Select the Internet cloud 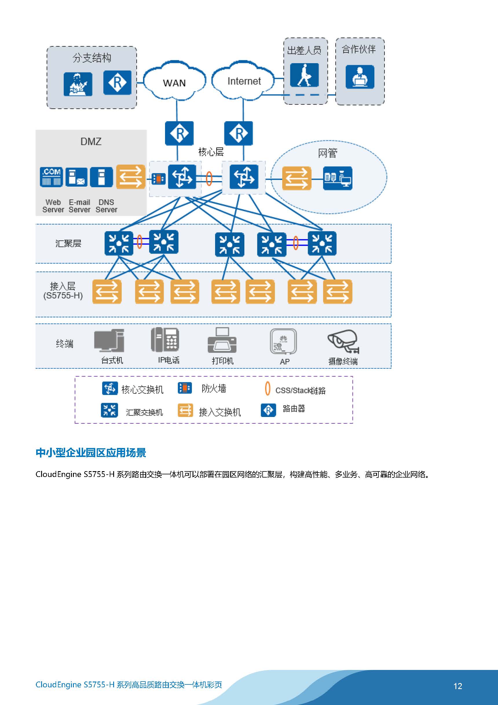(x=243, y=81)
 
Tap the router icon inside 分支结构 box (x=117, y=83)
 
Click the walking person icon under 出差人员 (x=304, y=75)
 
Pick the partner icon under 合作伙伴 (x=360, y=77)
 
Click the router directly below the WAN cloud (x=179, y=133)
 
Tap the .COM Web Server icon (x=51, y=177)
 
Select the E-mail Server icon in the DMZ (x=76, y=177)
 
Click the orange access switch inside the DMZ (x=130, y=177)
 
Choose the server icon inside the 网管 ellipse (x=338, y=178)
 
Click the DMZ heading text (x=91, y=142)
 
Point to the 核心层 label (x=211, y=152)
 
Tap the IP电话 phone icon (x=165, y=340)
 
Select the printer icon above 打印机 (x=222, y=340)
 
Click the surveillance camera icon (x=343, y=341)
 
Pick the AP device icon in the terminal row (x=283, y=341)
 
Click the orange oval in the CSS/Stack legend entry (x=268, y=388)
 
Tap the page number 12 (x=457, y=686)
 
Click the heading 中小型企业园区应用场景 (x=91, y=453)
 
